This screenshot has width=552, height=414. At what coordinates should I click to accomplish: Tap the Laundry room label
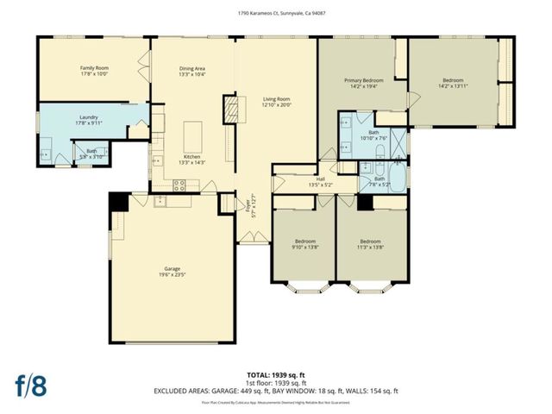[89, 117]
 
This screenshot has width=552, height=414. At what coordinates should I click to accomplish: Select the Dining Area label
[191, 68]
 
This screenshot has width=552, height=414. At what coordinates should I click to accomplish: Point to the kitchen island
[192, 135]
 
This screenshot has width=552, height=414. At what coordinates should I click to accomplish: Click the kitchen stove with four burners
[181, 184]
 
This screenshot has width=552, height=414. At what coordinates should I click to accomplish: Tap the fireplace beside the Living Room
[229, 110]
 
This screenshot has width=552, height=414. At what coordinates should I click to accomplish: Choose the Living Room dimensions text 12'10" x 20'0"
[277, 106]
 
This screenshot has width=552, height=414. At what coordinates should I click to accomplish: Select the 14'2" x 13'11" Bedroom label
[453, 85]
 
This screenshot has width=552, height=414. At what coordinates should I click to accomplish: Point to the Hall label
[320, 179]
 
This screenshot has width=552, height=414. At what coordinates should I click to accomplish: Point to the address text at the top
[276, 12]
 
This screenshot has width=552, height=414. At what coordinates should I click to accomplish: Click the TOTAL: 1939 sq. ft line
[276, 376]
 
